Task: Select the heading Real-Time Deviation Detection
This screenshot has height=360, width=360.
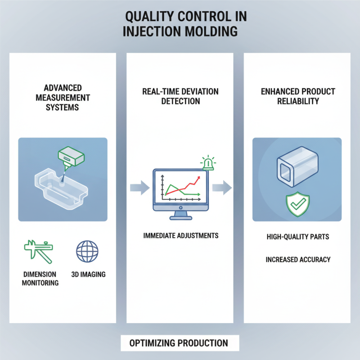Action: click(x=180, y=96)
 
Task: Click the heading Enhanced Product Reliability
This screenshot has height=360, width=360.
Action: click(x=298, y=96)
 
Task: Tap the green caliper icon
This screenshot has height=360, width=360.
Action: click(x=38, y=249)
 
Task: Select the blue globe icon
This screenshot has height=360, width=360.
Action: click(x=87, y=250)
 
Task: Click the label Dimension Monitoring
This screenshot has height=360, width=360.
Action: click(x=40, y=279)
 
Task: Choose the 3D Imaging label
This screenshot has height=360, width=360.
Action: click(x=88, y=274)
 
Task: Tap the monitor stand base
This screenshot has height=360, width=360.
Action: click(x=180, y=217)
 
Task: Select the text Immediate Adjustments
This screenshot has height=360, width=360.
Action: click(x=180, y=236)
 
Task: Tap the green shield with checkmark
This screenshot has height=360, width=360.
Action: click(x=297, y=205)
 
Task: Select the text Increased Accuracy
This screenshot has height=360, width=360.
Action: click(x=298, y=260)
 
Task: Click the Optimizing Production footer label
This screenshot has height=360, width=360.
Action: click(x=179, y=343)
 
